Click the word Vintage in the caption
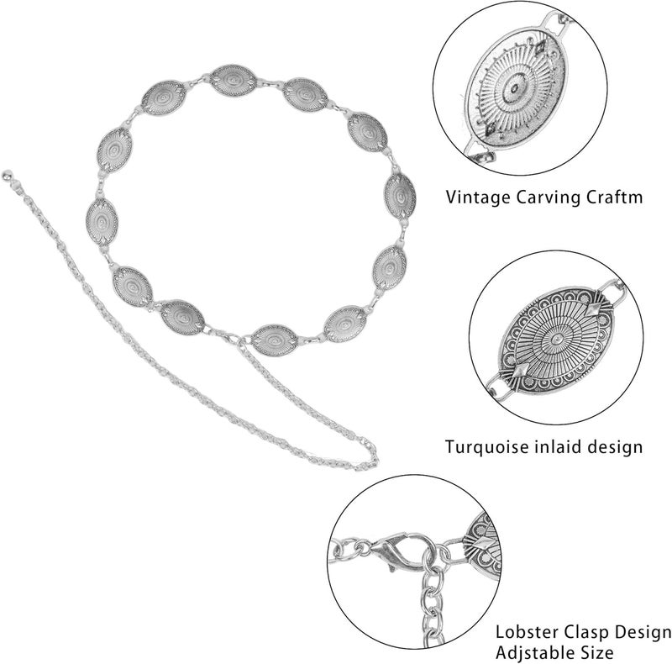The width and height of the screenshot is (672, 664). (x=477, y=198)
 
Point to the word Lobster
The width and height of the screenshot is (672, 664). (x=527, y=632)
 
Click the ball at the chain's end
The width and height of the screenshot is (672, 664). (x=7, y=175)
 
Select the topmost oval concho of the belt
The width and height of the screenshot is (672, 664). (x=234, y=80)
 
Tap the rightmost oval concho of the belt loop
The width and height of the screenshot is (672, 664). (x=400, y=197)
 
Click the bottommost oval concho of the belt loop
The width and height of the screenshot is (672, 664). (x=275, y=340)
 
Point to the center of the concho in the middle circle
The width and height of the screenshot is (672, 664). (x=556, y=340)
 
